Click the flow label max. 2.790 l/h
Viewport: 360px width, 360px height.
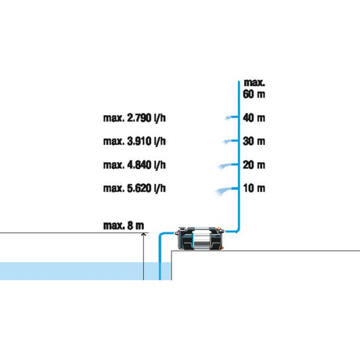(x=135, y=118)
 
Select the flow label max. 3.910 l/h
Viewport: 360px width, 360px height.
(x=135, y=141)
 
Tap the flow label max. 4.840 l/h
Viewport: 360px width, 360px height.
(x=135, y=165)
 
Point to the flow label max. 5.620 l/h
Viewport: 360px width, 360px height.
(x=135, y=188)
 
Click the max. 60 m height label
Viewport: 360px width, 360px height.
(x=254, y=88)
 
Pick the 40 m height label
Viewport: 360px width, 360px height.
(x=254, y=118)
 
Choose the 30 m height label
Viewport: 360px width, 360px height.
(x=254, y=141)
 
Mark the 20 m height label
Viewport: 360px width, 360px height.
(x=254, y=165)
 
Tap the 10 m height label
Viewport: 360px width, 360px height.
(x=254, y=188)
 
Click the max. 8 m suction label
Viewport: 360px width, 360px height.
(x=124, y=225)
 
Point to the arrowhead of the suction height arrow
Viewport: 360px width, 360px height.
(x=143, y=235)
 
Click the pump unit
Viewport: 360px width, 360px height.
(x=200, y=238)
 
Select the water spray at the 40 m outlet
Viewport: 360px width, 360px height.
(x=229, y=118)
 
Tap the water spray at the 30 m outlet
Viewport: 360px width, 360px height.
(x=228, y=142)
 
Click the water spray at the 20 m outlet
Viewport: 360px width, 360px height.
(x=225, y=166)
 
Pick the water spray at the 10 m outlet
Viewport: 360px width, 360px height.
(x=224, y=191)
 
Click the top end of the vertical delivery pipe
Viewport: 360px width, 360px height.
(x=239, y=81)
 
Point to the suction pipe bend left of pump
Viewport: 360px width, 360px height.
(x=161, y=234)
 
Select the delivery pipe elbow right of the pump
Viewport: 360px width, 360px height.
(x=237, y=230)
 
